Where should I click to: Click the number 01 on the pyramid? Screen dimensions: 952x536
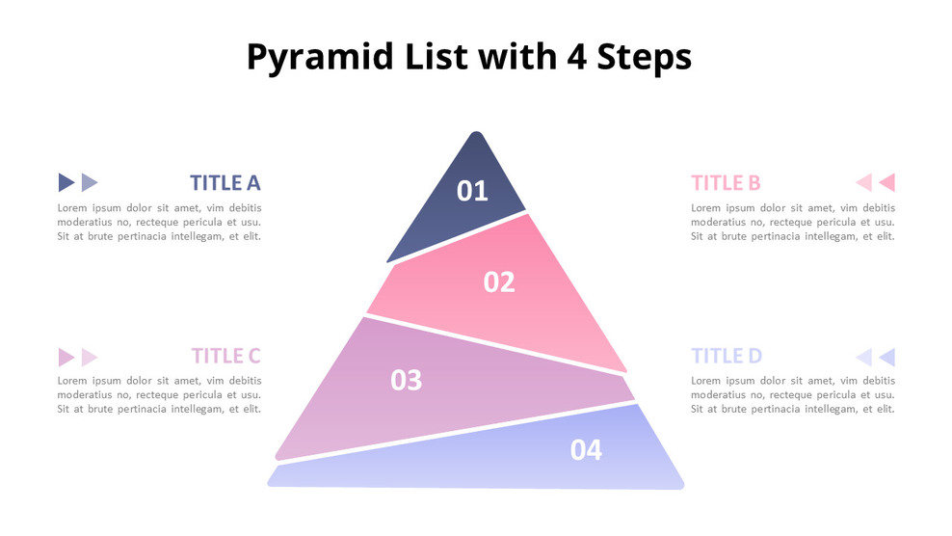[472, 191]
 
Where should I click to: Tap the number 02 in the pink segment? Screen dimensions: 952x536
[499, 281]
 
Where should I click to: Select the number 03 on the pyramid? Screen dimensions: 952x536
[407, 381]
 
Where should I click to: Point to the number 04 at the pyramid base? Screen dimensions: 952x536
[586, 450]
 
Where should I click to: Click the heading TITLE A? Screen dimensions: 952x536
[225, 183]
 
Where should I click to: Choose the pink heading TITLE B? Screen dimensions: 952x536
[726, 183]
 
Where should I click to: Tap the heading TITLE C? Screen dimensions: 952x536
[225, 356]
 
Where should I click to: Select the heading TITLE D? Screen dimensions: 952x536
[727, 356]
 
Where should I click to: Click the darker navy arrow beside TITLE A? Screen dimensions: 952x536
[66, 182]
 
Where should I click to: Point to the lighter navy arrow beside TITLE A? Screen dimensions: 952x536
[90, 182]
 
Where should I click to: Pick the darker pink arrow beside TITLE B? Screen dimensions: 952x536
[887, 182]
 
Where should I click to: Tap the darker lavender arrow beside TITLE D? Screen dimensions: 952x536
[887, 358]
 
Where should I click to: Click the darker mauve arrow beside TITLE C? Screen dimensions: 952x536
[66, 358]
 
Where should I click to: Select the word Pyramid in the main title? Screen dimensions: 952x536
[320, 58]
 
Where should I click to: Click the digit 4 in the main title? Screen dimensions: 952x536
[577, 57]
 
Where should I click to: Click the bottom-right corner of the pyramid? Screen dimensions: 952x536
[682, 486]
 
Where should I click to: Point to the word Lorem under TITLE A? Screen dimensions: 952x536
[72, 208]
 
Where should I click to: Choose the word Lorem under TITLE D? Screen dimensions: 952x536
[705, 381]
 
